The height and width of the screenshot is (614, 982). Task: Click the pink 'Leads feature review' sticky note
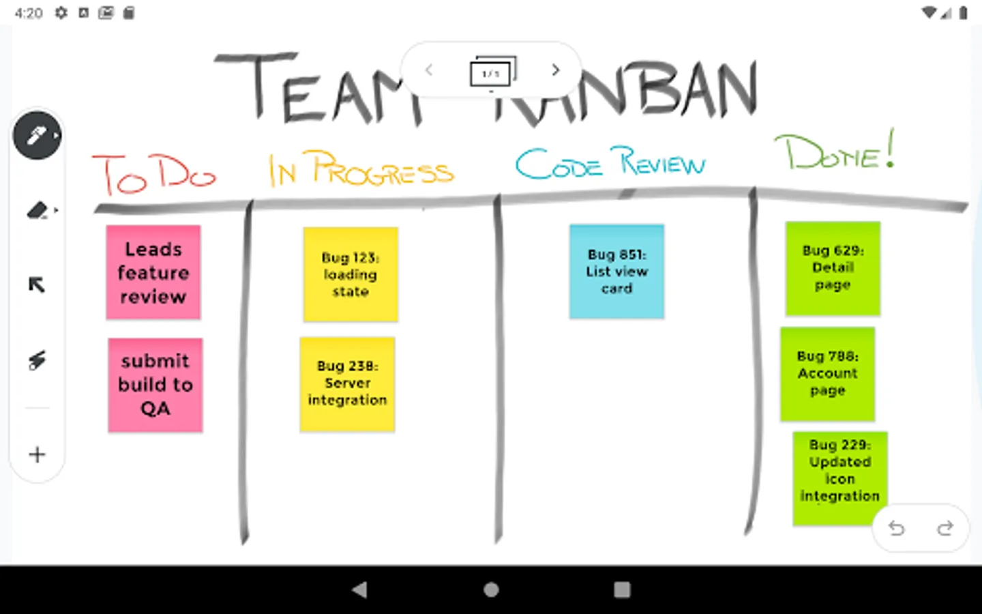(153, 272)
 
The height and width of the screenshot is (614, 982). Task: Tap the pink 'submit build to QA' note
(155, 385)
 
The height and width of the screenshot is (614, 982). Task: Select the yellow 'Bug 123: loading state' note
(351, 274)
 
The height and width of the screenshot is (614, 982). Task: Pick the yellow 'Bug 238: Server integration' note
(347, 384)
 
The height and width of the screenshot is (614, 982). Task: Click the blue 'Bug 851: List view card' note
(616, 272)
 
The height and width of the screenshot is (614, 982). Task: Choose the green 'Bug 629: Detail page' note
(833, 268)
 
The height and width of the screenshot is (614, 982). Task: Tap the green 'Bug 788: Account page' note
(827, 374)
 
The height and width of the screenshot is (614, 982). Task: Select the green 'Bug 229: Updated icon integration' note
(839, 478)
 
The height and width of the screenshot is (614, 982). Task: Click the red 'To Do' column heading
(154, 173)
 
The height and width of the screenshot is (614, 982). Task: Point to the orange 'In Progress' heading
(361, 169)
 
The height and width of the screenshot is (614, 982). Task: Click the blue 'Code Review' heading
(610, 164)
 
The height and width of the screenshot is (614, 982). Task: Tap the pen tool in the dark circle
(37, 135)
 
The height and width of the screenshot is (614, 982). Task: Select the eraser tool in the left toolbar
(38, 210)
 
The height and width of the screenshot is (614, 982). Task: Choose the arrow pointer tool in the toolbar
(37, 284)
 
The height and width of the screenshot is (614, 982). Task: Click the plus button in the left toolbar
(38, 454)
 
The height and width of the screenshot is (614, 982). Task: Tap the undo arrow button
(897, 528)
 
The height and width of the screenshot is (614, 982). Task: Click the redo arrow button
(945, 528)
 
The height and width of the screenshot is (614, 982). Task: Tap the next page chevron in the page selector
(556, 70)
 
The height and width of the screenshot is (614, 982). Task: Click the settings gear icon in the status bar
(61, 13)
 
